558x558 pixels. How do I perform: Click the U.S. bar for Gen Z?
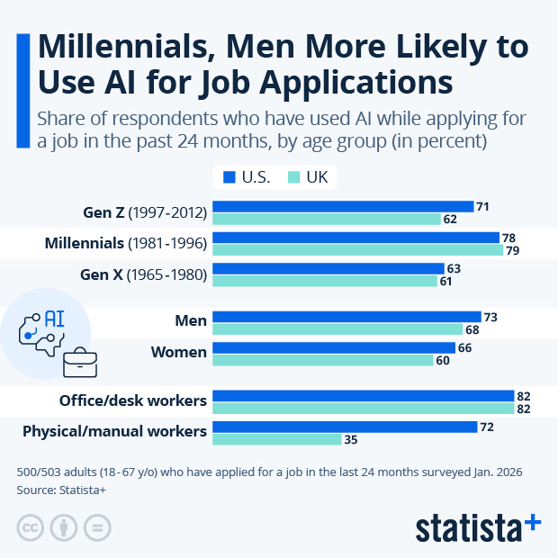point(342,207)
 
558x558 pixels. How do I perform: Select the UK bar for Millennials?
point(357,250)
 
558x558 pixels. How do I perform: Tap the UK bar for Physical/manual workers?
point(276,439)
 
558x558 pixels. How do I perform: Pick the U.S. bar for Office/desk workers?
point(363,396)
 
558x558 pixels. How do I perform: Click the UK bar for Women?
point(322,360)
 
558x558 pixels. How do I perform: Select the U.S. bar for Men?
point(346,317)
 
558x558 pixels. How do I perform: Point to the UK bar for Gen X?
point(324,282)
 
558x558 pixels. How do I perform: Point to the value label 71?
point(483,207)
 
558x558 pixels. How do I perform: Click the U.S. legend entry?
point(248,177)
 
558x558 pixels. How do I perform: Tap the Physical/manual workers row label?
point(114,431)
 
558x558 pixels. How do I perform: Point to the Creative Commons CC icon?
point(31,527)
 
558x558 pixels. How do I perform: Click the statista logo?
point(478,526)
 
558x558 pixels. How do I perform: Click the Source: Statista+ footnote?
point(61,490)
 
